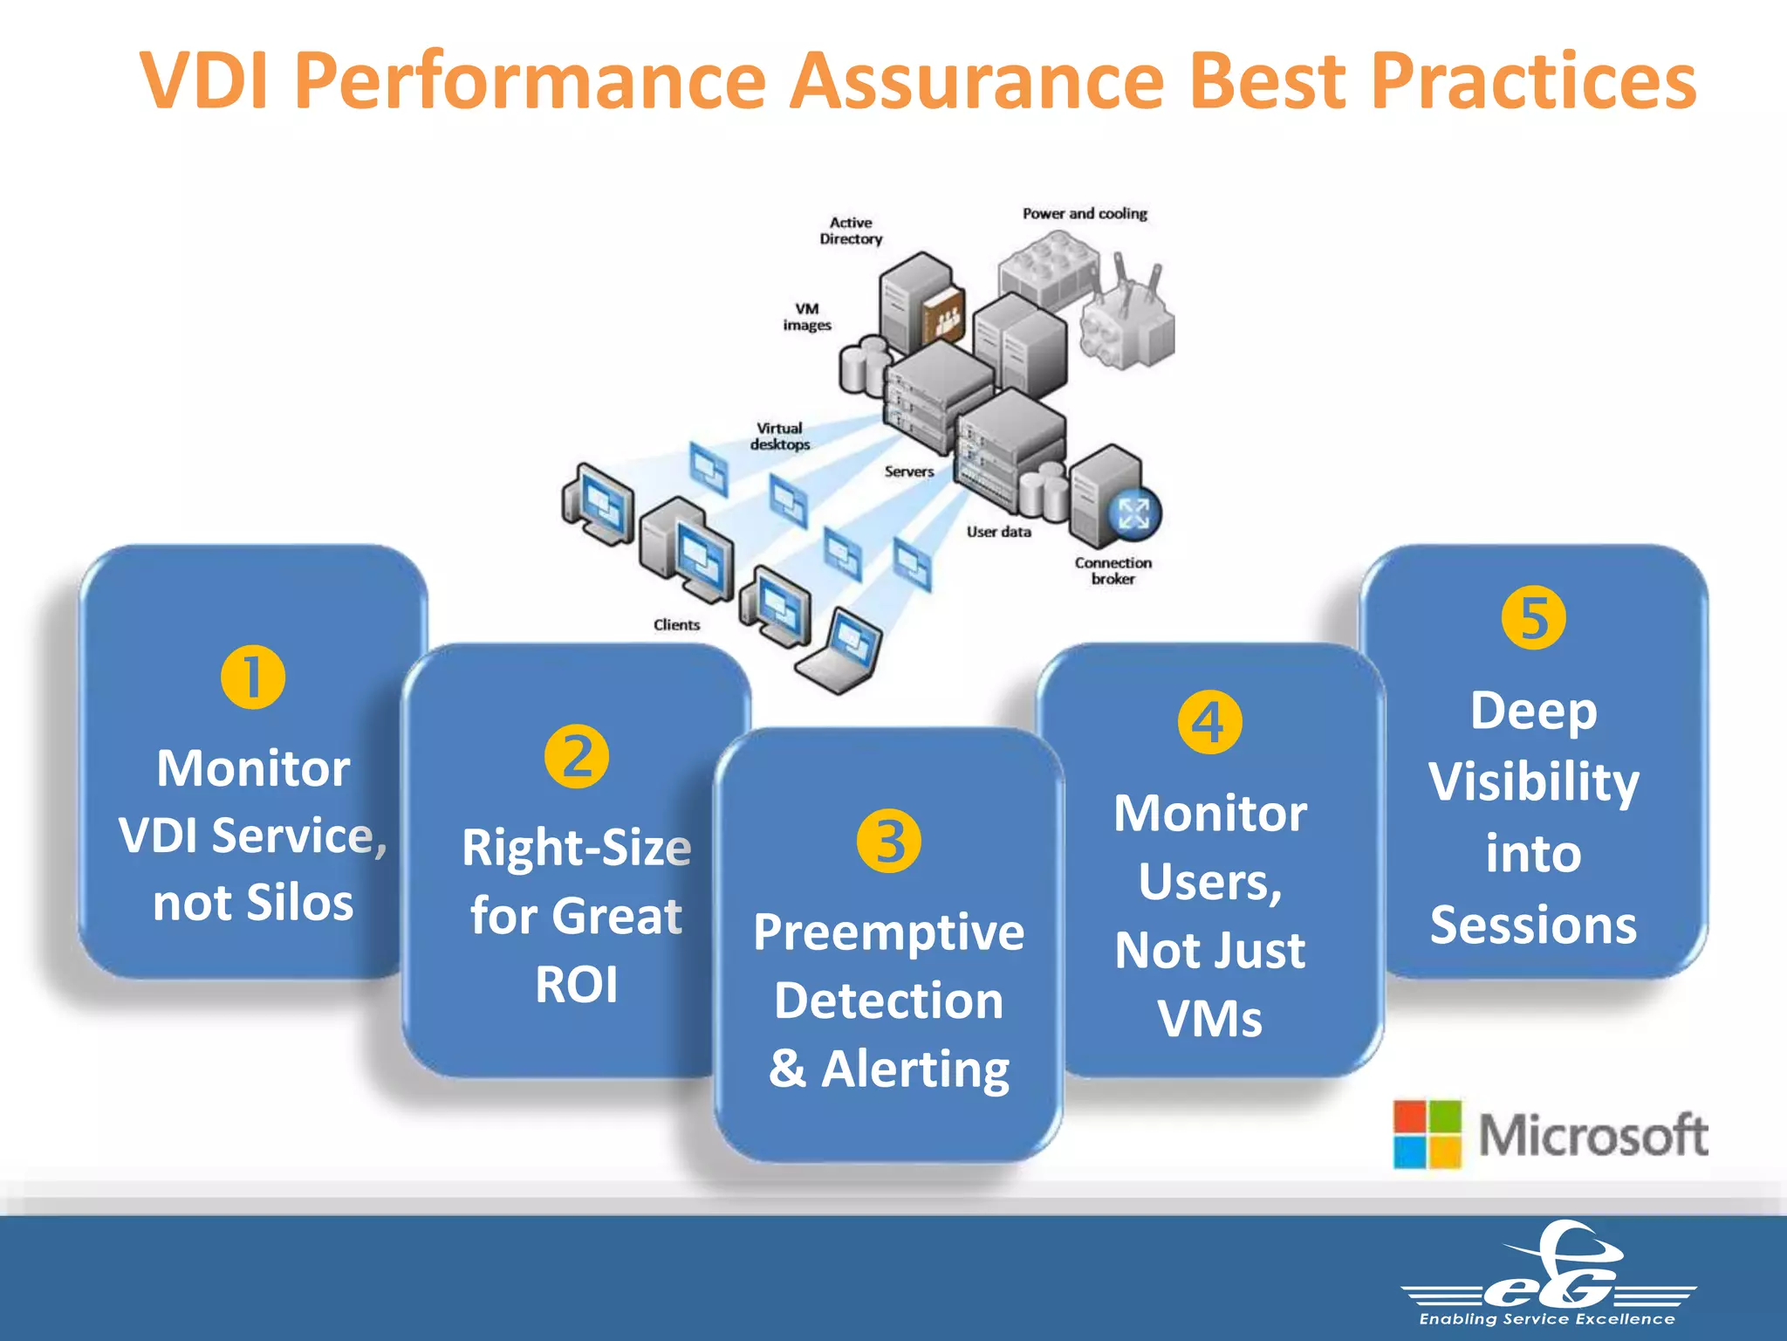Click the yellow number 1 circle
pos(253,677)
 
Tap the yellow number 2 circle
pos(577,756)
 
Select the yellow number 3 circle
pos(888,841)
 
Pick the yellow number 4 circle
pos(1209,722)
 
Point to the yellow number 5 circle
pos(1533,618)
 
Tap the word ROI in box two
pos(577,985)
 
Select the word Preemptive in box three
pos(888,932)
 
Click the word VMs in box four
pos(1209,1019)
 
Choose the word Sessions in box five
pos(1533,925)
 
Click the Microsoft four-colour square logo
pos(1427,1134)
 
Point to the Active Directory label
pos(851,231)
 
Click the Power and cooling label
pos(1085,214)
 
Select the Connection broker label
pos(1113,571)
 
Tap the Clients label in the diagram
pos(676,625)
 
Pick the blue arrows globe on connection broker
pos(1133,513)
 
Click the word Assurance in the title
pos(976,80)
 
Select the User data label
pos(998,532)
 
